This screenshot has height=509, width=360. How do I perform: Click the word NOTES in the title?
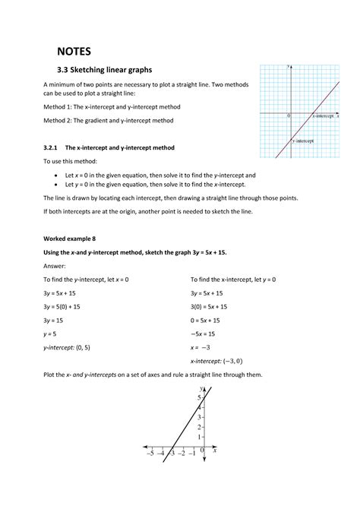click(x=74, y=52)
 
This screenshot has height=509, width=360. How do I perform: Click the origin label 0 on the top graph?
click(x=289, y=117)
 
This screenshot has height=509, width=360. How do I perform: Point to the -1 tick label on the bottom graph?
click(x=193, y=453)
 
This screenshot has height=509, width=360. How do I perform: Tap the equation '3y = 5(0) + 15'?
click(x=68, y=306)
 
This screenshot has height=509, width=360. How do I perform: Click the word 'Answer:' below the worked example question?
click(x=54, y=266)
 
